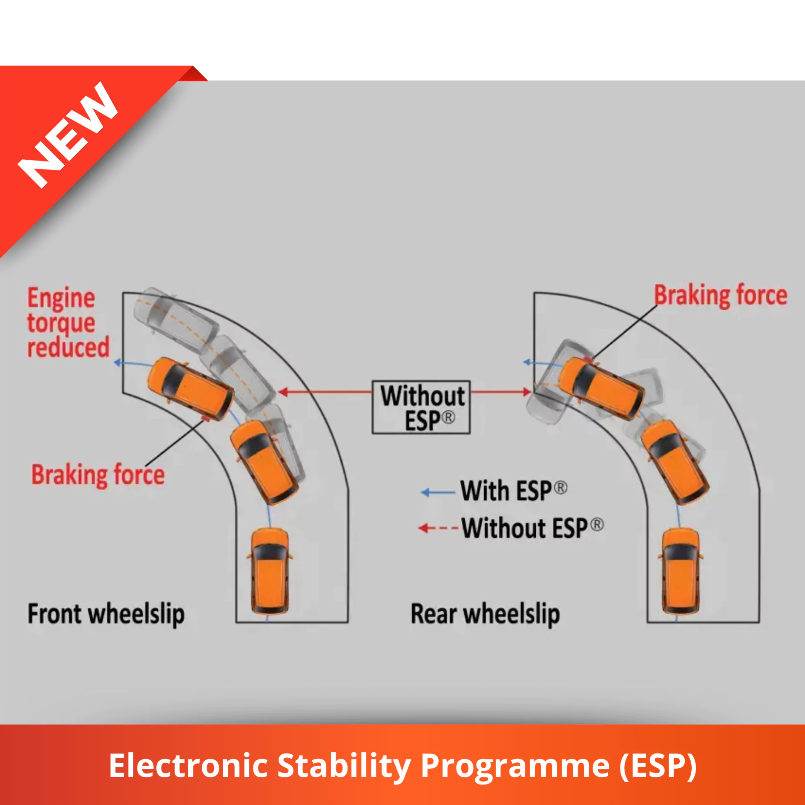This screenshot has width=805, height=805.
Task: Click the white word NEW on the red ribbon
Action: pyautogui.click(x=68, y=135)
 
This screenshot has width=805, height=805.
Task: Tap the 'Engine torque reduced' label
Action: pyautogui.click(x=69, y=323)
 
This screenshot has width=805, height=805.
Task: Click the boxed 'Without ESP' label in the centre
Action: pyautogui.click(x=421, y=407)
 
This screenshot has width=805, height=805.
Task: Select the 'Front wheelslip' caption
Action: pyautogui.click(x=106, y=615)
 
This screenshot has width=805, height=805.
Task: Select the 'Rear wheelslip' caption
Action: pyautogui.click(x=485, y=615)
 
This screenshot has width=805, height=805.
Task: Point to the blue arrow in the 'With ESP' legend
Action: pyautogui.click(x=438, y=493)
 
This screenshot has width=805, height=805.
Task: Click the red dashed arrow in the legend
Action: pyautogui.click(x=438, y=529)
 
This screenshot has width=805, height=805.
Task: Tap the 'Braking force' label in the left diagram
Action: pyautogui.click(x=98, y=475)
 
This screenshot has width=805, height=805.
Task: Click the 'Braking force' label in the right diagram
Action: pyautogui.click(x=721, y=295)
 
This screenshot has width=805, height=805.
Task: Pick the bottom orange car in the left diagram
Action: pyautogui.click(x=270, y=571)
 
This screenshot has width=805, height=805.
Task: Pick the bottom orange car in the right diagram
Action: pyautogui.click(x=681, y=571)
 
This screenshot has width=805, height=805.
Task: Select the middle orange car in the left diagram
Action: pyautogui.click(x=264, y=462)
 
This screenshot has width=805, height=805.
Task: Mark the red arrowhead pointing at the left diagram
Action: pyautogui.click(x=282, y=392)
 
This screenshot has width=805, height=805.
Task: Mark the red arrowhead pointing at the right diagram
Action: pyautogui.click(x=527, y=392)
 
